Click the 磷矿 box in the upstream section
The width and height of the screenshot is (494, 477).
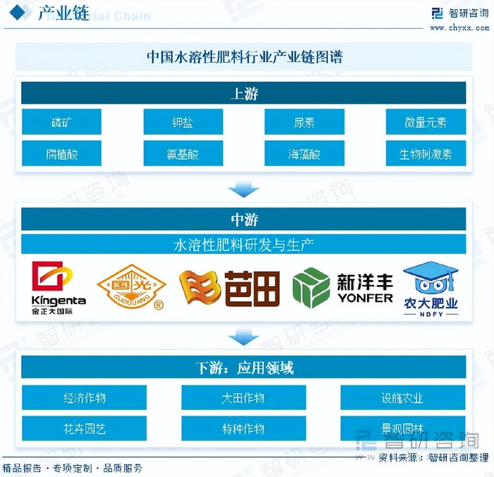[61, 122]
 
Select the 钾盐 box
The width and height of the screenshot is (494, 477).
[183, 122]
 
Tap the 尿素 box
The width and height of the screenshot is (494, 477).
[304, 122]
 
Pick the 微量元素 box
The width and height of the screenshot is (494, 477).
[426, 122]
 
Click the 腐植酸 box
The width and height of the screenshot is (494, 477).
[61, 153]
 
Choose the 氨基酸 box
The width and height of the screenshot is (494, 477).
[183, 153]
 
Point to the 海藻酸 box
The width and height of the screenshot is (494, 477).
[304, 153]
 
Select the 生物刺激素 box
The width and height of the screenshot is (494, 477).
[426, 153]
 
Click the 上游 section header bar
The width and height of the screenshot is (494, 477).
[243, 93]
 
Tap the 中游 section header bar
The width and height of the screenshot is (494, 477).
[243, 219]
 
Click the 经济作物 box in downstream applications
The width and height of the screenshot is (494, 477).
[84, 397]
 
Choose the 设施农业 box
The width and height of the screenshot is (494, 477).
[403, 397]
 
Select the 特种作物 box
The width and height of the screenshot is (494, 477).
[243, 428]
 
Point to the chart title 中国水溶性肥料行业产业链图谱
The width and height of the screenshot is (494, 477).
[243, 57]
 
